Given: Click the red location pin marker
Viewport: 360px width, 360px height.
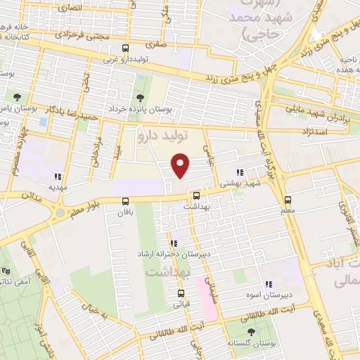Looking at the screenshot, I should [x=181, y=165].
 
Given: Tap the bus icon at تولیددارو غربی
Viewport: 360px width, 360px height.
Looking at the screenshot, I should [x=125, y=49].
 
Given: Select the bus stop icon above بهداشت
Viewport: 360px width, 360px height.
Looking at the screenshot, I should [x=195, y=196].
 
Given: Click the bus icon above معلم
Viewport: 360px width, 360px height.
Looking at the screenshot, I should [x=288, y=200].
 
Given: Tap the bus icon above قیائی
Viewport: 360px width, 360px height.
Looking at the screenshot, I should [x=181, y=293].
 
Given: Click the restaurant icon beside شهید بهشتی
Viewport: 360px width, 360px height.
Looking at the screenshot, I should [x=240, y=172].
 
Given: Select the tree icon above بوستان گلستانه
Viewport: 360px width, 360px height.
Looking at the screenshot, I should [x=251, y=331].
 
